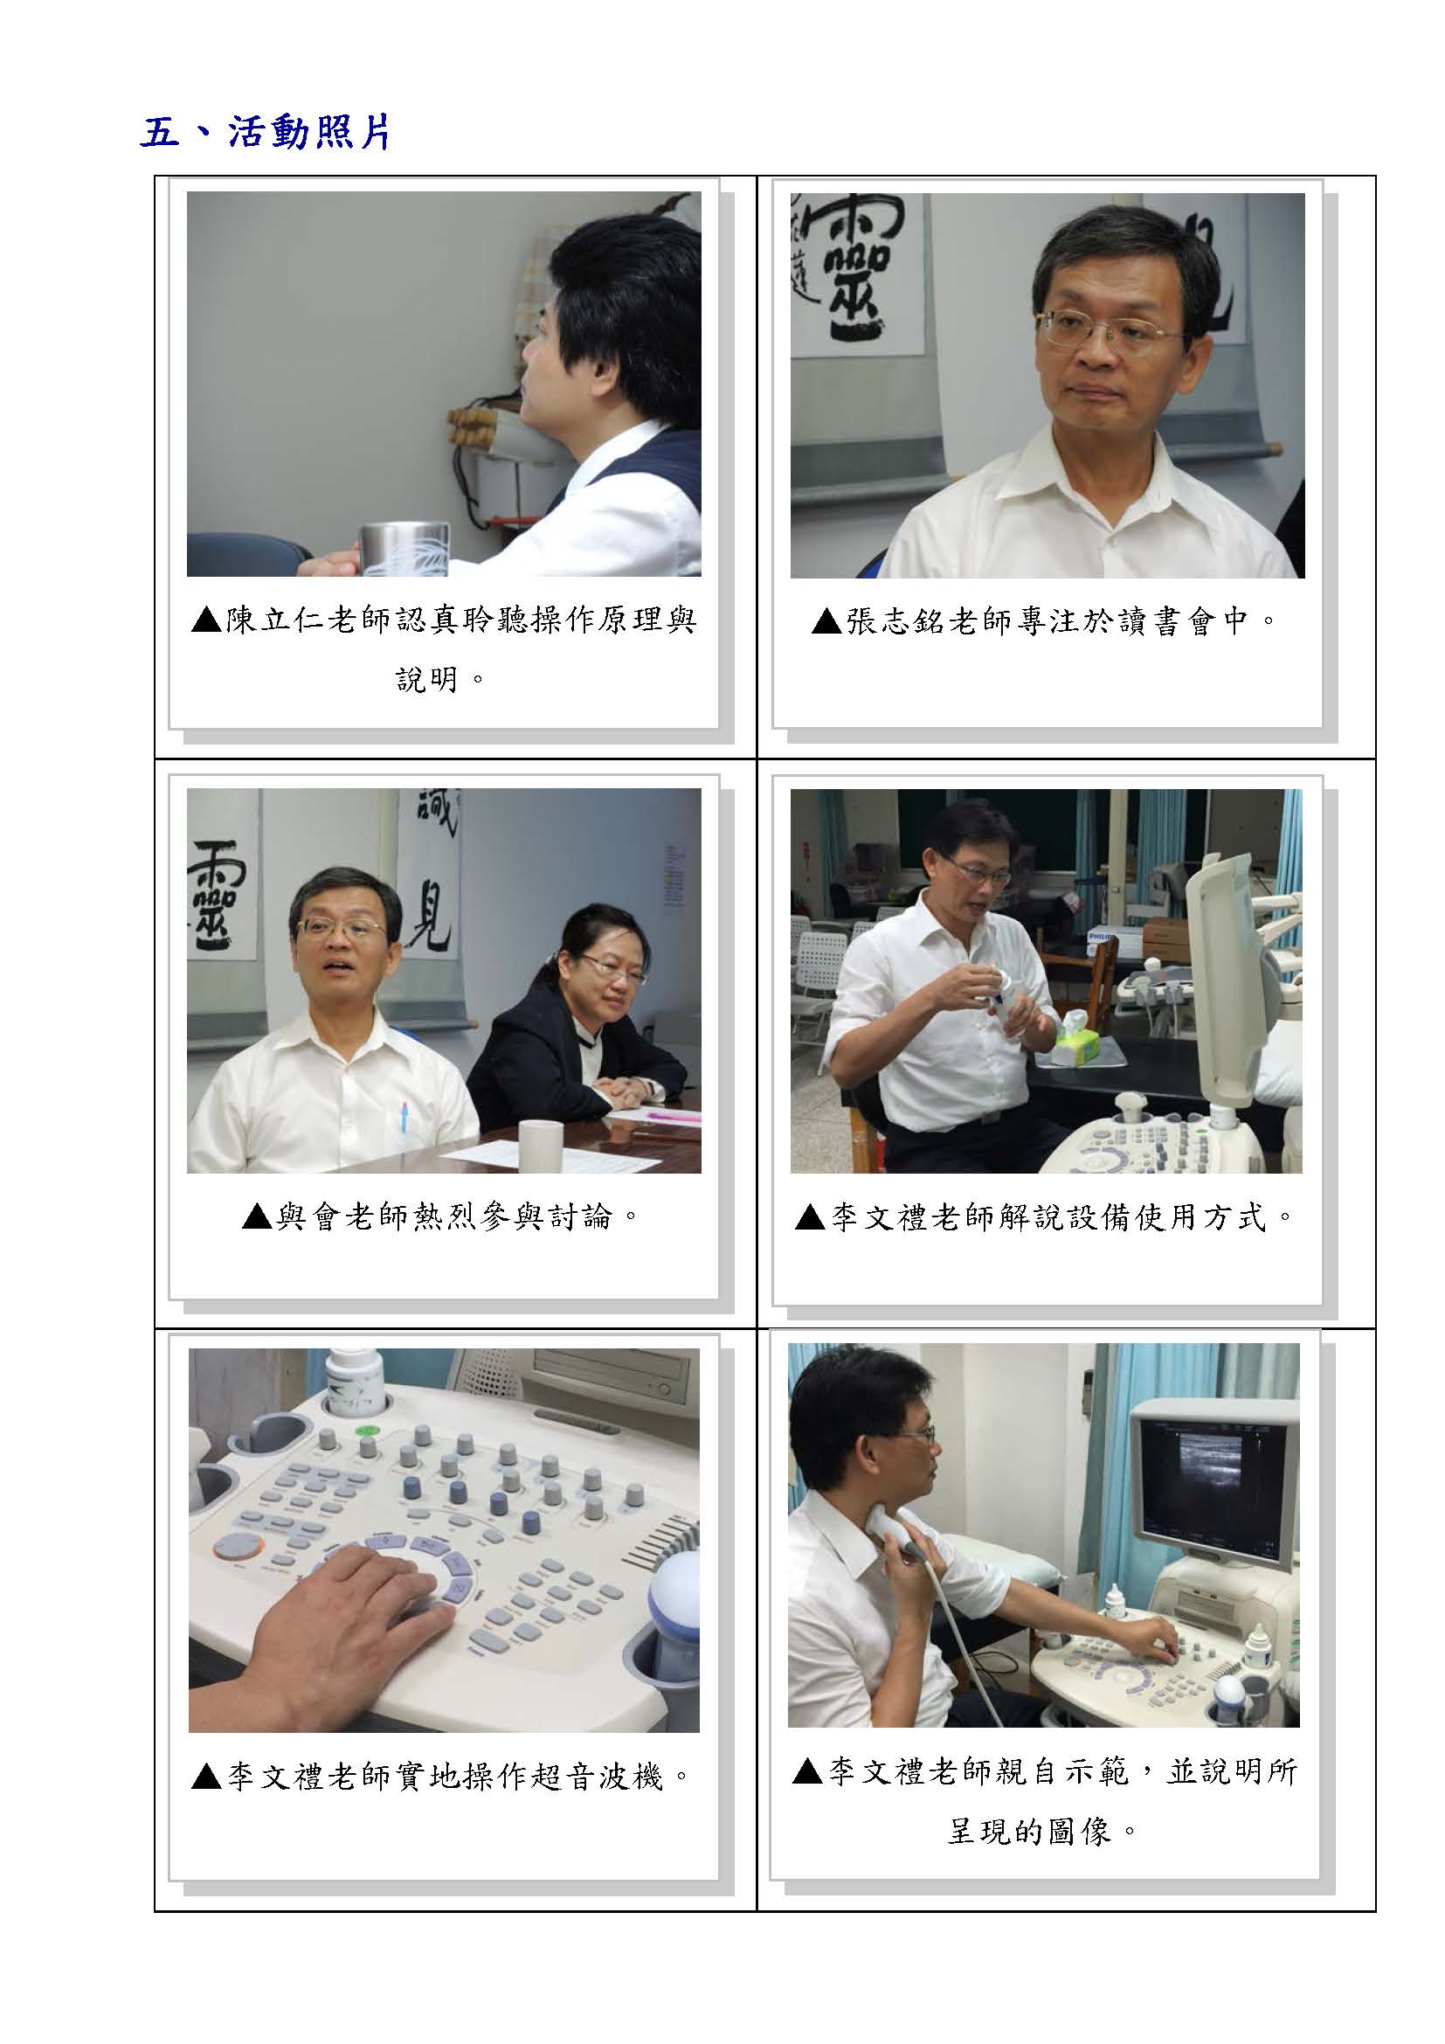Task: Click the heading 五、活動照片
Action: (x=266, y=134)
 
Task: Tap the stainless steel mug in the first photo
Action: (x=403, y=550)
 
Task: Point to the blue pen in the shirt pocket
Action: (x=404, y=1116)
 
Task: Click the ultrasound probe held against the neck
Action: (x=899, y=1529)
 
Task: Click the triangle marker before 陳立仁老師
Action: (x=206, y=620)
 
